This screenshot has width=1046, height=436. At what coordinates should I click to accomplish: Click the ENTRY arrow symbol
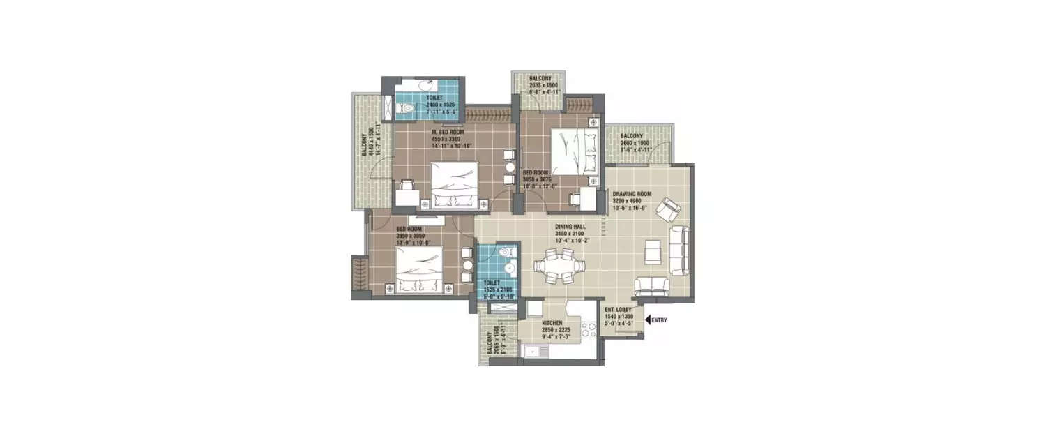coord(649,320)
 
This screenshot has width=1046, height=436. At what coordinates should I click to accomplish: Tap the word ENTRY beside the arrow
coord(661,320)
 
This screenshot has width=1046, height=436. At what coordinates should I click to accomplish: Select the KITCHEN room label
coord(552,324)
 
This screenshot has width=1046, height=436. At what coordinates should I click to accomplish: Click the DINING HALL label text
coord(570,227)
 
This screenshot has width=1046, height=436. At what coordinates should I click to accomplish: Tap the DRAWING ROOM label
coord(632,194)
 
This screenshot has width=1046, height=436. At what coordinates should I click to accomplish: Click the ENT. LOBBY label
coord(618,309)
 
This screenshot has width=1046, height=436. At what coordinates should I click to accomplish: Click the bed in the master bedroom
coord(454,184)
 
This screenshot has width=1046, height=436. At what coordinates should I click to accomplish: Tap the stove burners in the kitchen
coord(584,332)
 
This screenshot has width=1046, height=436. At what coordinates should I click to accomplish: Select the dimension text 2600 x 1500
coord(635,142)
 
